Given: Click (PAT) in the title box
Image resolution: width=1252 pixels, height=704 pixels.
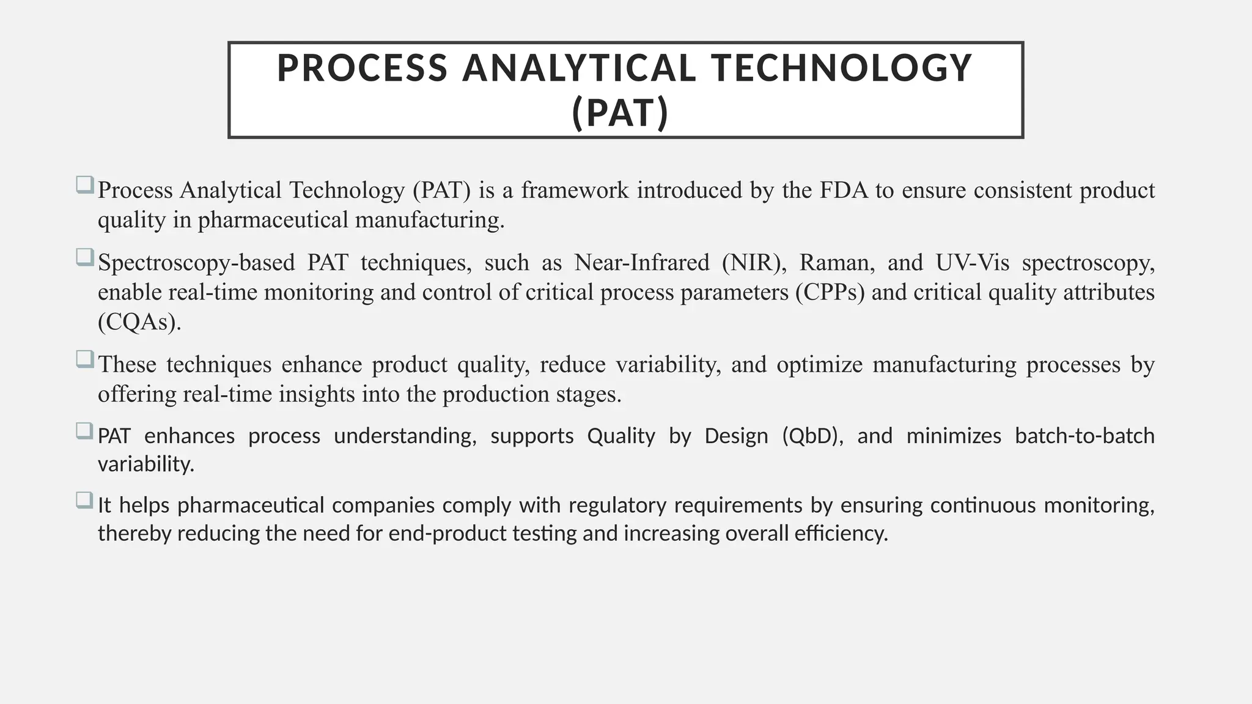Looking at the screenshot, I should coord(620,114).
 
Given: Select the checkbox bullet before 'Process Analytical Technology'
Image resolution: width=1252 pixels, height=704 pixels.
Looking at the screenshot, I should coord(84,185).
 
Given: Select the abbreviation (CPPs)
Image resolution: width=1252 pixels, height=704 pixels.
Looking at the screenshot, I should coord(830,293).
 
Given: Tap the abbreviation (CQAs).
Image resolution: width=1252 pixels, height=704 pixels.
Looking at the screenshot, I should coord(139,322).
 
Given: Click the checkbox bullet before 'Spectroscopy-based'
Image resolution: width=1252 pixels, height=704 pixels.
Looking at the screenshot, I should coord(84,257).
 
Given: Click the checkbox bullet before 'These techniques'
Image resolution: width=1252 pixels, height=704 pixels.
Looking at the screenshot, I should coord(84,359).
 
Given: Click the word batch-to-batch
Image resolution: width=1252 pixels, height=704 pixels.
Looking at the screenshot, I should coord(1084,436).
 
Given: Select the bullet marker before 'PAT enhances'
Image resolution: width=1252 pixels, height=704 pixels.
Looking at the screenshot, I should coord(84,430).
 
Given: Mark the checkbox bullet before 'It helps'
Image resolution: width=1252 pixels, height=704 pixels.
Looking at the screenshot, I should coord(84,500).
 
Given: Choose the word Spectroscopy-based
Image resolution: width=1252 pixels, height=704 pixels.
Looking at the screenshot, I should coord(196,263).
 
